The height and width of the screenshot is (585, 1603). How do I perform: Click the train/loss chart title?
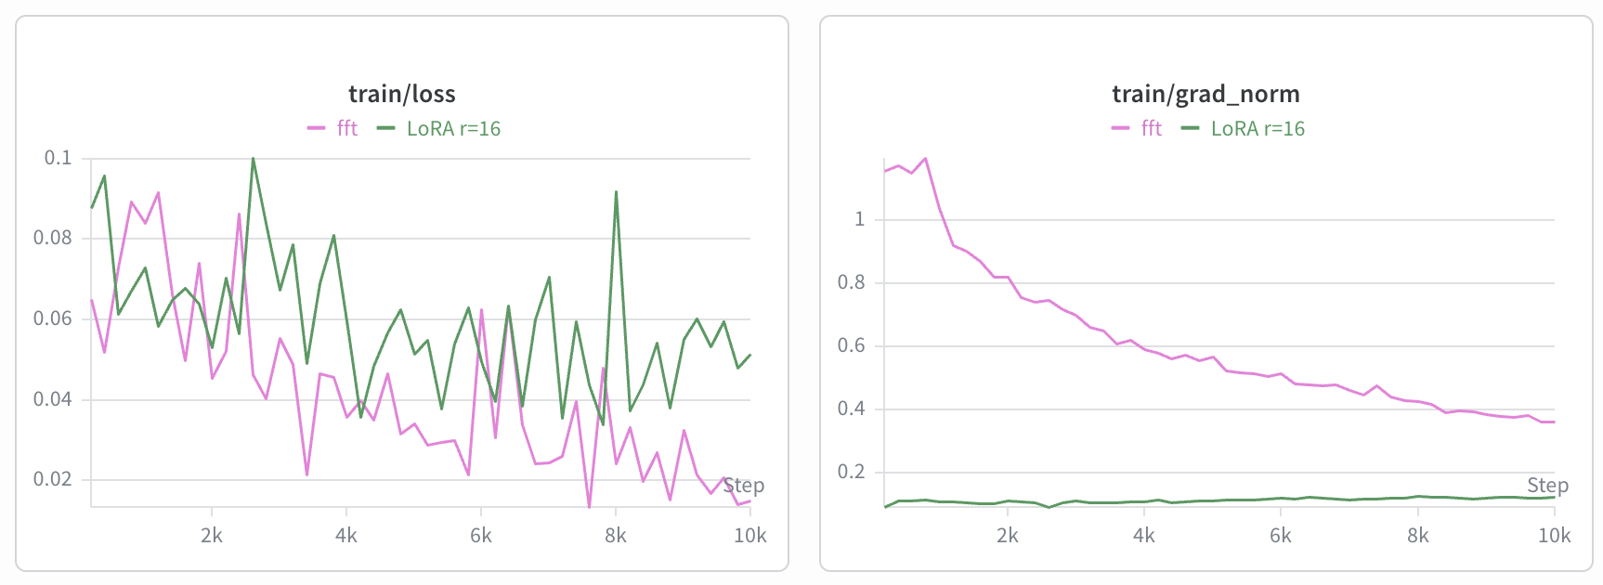[x=401, y=94]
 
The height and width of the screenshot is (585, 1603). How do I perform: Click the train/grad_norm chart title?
[x=1206, y=94]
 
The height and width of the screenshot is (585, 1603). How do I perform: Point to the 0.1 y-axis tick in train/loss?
[x=58, y=158]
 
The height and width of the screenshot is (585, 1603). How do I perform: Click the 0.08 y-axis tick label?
[x=52, y=238]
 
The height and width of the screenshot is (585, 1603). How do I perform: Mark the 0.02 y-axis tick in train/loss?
[x=52, y=479]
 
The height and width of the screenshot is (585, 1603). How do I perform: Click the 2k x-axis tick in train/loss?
[x=212, y=536]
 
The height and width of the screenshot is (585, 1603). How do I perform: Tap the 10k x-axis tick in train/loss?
[x=749, y=536]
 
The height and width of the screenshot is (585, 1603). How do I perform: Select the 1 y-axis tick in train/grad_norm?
[x=859, y=219]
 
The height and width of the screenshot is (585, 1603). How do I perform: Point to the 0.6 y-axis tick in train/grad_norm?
[x=851, y=345]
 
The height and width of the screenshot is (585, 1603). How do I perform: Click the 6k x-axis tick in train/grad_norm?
[x=1281, y=536]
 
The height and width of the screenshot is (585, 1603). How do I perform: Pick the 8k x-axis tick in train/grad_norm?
[x=1418, y=536]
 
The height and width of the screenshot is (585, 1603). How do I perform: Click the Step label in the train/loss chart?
[x=743, y=486]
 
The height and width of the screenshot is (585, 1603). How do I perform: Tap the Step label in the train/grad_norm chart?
[x=1547, y=486]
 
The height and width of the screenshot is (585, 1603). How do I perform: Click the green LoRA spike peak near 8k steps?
[x=616, y=192]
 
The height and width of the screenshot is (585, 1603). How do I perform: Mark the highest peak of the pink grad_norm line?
[x=925, y=159]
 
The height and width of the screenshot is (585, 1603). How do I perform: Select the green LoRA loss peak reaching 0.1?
[x=253, y=159]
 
